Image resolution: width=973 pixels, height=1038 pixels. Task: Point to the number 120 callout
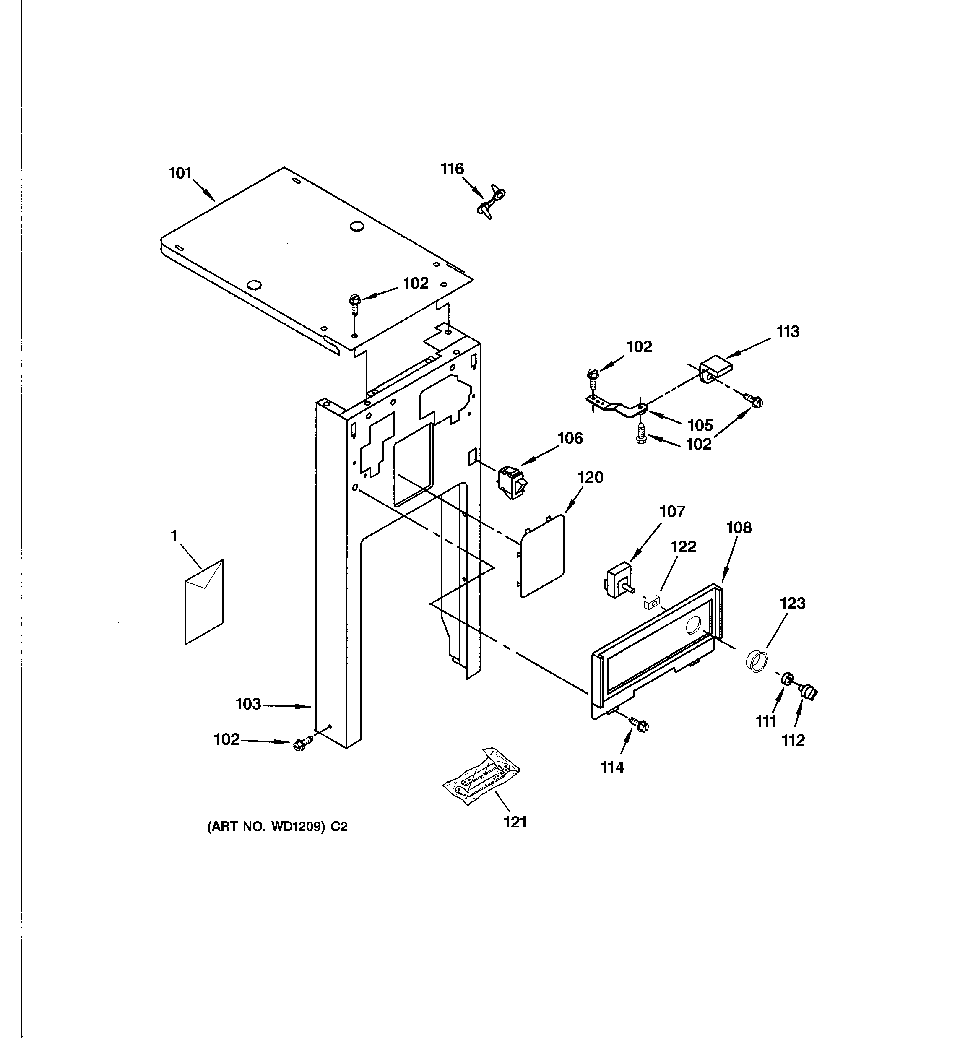[590, 477]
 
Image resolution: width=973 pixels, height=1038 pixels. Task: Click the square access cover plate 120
[543, 556]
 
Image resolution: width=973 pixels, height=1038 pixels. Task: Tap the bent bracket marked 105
[616, 406]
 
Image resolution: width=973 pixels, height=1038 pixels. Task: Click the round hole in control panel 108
[694, 625]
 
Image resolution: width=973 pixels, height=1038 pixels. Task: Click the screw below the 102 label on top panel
[355, 305]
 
